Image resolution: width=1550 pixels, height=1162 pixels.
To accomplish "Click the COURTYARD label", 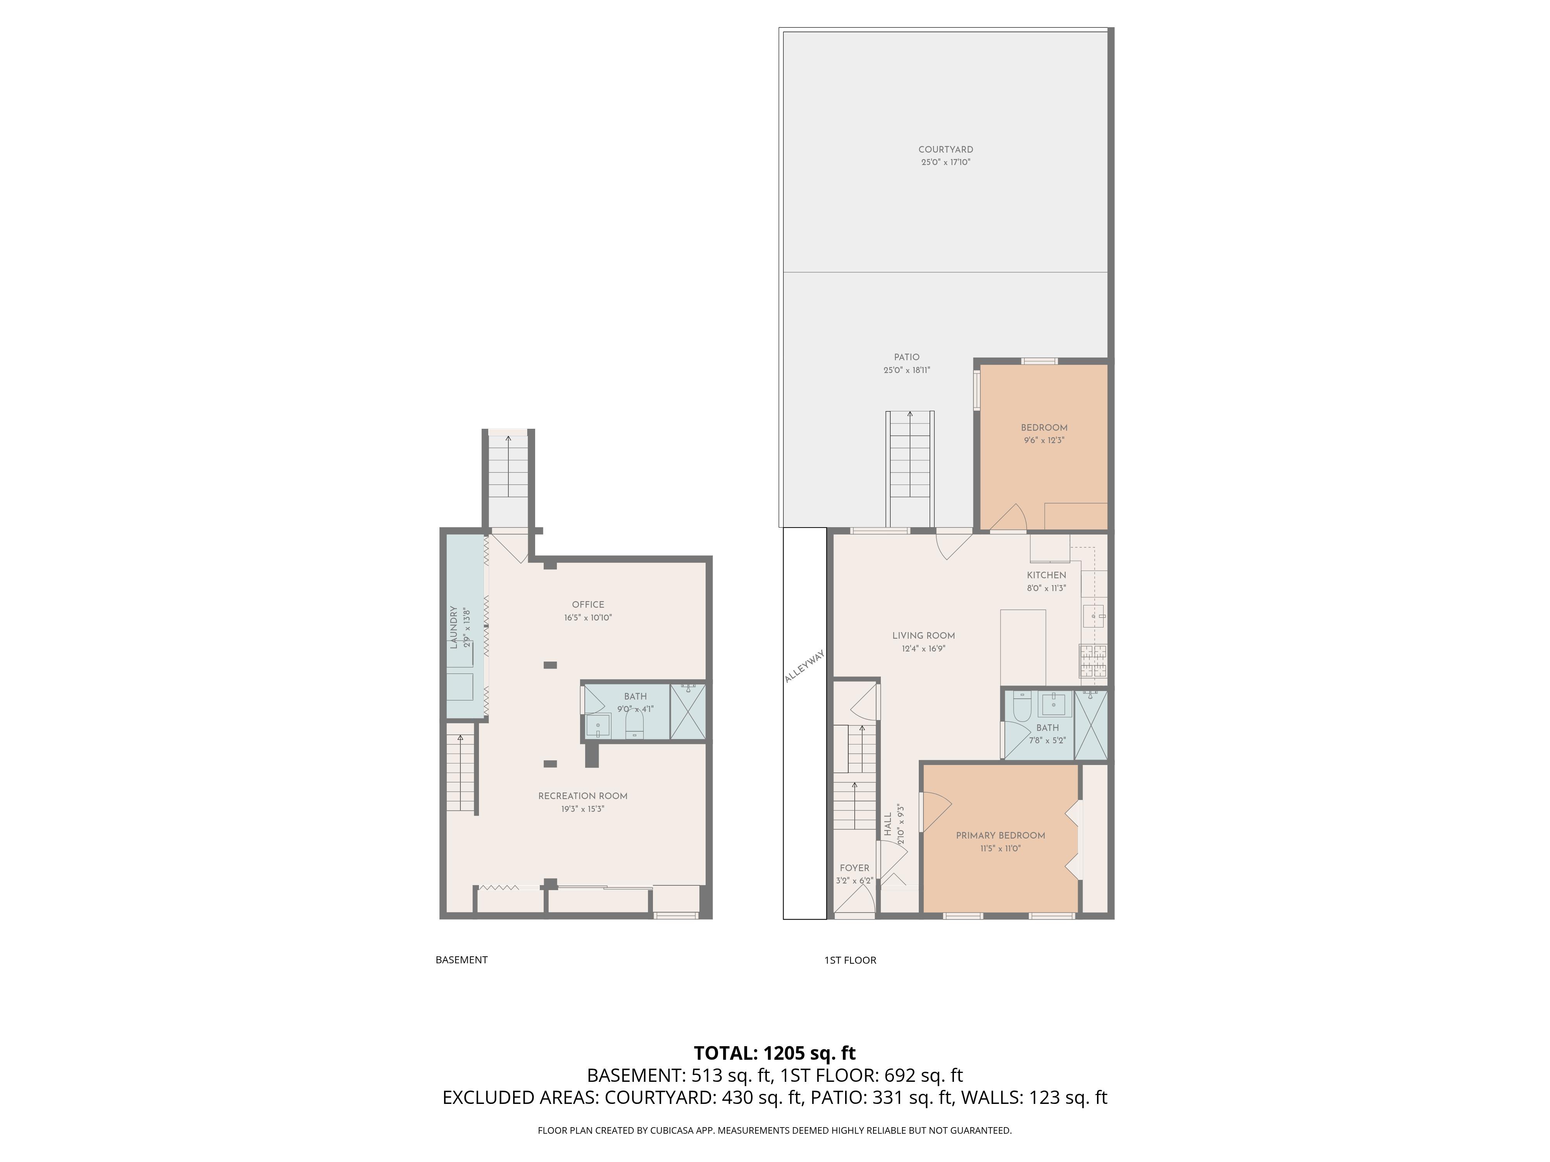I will click(945, 149).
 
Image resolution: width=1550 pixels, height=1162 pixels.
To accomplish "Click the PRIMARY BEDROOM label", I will click(1000, 835).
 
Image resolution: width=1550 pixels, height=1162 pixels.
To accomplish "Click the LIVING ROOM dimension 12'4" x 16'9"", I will click(923, 649).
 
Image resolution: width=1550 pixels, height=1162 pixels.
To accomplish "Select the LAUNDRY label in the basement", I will click(454, 627).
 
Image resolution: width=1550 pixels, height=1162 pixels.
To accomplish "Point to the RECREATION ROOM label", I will click(582, 796).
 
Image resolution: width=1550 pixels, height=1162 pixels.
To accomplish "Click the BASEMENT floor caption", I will click(461, 959).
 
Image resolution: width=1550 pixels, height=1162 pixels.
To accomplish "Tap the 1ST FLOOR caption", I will click(850, 959).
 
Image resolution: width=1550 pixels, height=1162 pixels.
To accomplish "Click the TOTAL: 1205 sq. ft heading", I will click(774, 1053).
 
